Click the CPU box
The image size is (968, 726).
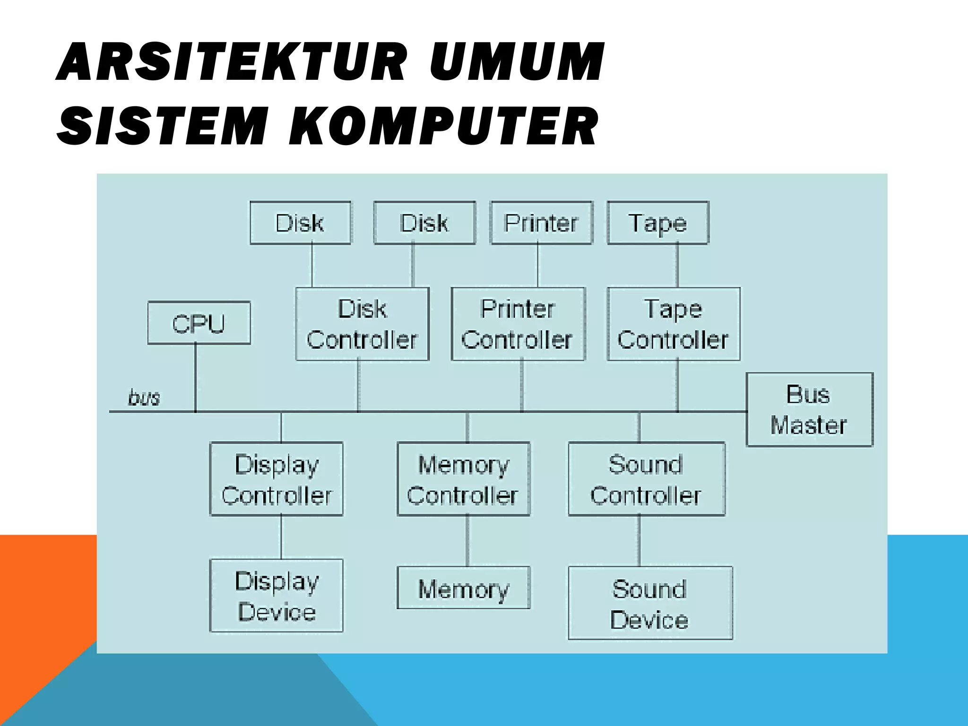point(199,323)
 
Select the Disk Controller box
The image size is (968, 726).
point(363,324)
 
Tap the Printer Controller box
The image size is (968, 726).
point(518,324)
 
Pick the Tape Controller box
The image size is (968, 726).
point(674,324)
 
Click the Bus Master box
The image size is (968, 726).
point(809,409)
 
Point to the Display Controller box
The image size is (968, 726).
point(277,479)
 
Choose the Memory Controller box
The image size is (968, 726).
point(463,479)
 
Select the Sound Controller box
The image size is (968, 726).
point(646,479)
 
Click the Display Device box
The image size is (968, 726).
point(277,596)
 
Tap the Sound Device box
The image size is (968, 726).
point(650,603)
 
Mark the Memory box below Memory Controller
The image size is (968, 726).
point(463,588)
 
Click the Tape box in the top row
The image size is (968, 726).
point(657,223)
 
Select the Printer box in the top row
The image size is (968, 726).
point(542,223)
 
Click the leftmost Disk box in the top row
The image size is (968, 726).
point(300,223)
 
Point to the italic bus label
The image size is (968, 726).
point(144,398)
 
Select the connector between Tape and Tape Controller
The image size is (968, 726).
point(677,266)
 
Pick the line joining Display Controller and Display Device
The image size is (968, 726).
point(281,537)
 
